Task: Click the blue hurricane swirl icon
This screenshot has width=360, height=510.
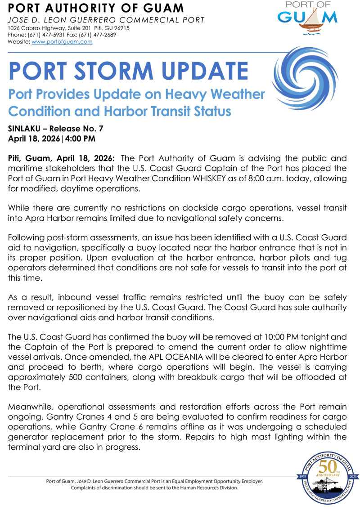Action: coord(302,79)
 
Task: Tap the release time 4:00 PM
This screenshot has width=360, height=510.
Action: coord(81,139)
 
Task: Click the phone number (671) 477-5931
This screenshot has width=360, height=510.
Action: coord(47,35)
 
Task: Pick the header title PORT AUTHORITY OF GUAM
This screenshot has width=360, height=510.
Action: coord(96,8)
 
